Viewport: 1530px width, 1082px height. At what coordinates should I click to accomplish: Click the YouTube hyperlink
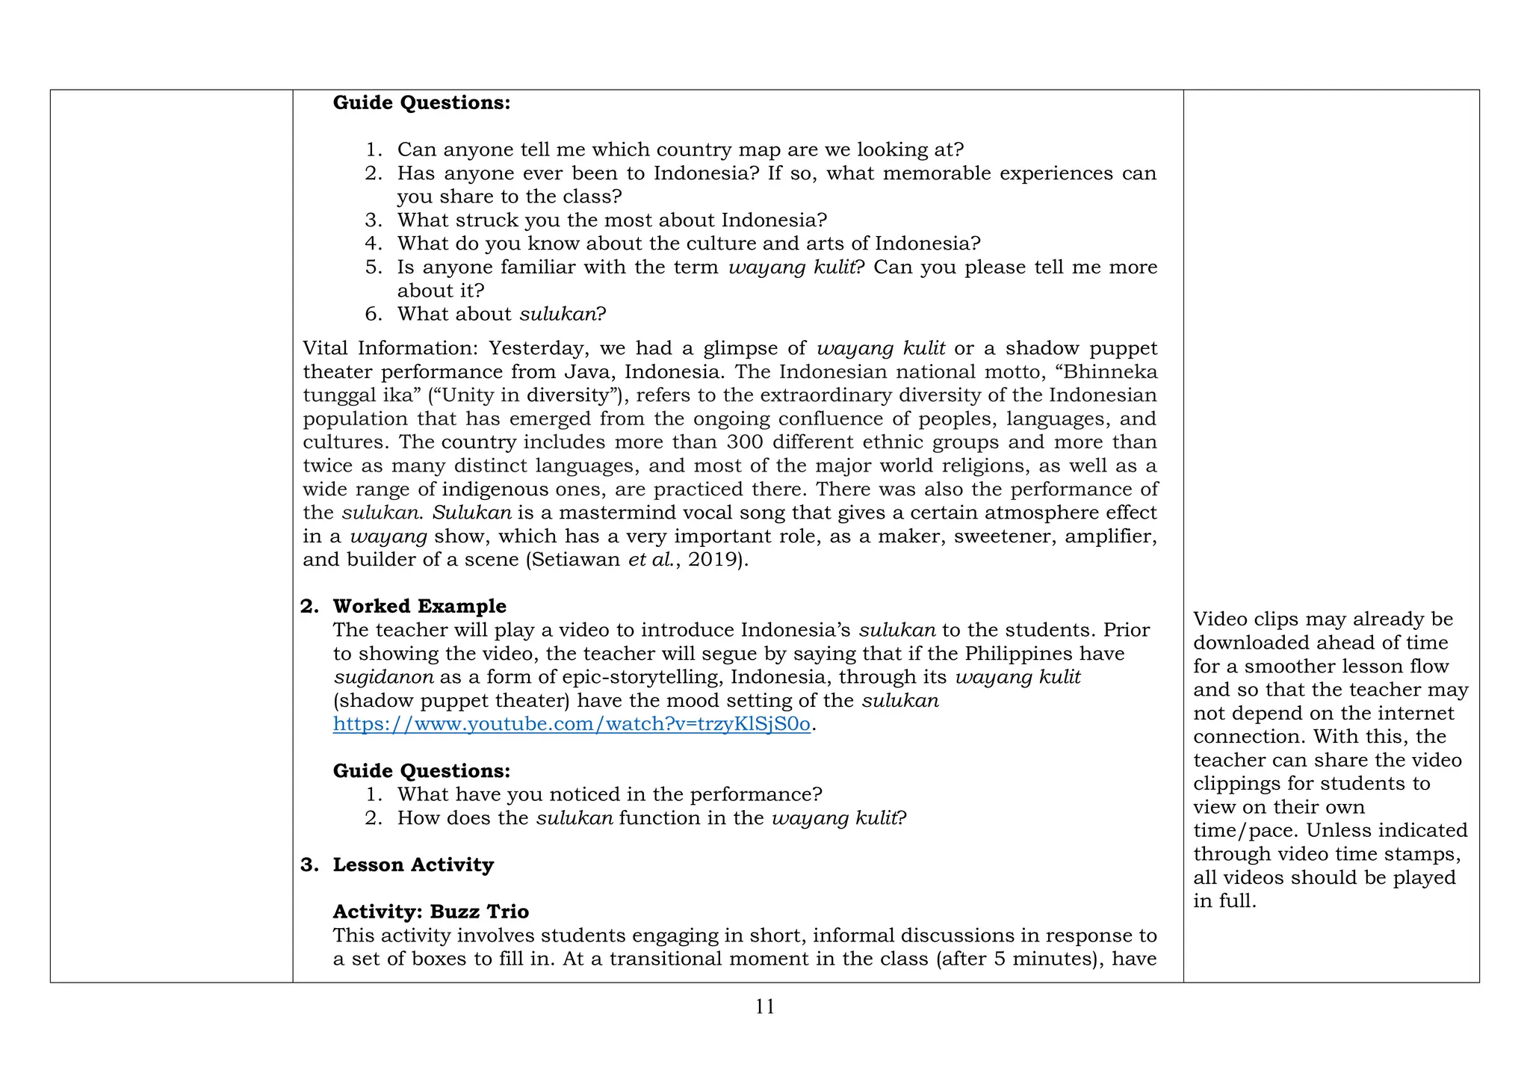[x=572, y=724]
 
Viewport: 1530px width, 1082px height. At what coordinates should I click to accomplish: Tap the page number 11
[x=764, y=1007]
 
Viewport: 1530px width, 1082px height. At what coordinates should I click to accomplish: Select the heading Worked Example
[x=419, y=606]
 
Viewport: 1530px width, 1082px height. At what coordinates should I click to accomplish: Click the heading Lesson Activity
[x=413, y=865]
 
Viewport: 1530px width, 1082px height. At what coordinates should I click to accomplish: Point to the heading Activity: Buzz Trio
[x=430, y=912]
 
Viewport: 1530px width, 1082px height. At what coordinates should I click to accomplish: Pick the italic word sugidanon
[x=383, y=677]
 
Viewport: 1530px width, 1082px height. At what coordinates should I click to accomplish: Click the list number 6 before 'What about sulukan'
[x=373, y=314]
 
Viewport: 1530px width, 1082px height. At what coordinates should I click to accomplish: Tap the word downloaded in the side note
[x=1253, y=643]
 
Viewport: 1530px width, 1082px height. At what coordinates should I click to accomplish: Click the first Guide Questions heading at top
[x=421, y=102]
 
